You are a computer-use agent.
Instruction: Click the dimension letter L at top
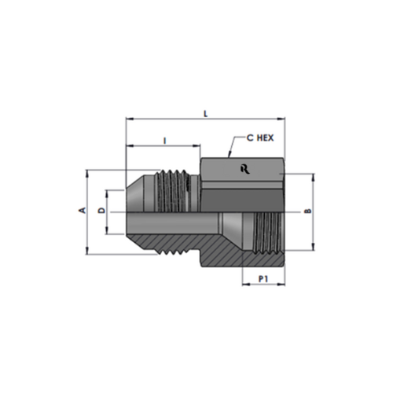(x=206, y=114)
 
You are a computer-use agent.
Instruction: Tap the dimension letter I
(x=164, y=141)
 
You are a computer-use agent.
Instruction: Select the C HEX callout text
(x=260, y=138)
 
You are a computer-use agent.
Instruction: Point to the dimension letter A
(x=83, y=210)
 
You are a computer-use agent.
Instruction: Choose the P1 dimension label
(x=263, y=279)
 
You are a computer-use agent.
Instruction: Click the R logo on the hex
(x=245, y=169)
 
